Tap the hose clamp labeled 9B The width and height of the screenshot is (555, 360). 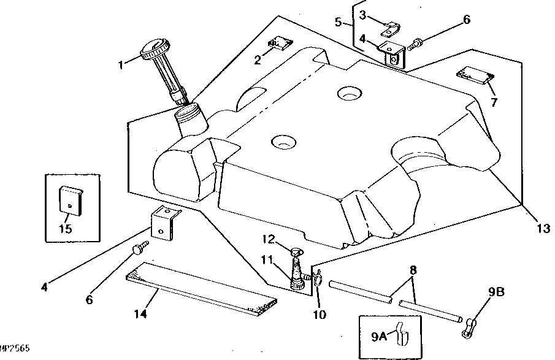pos(470,323)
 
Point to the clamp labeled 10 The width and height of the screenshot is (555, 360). pos(318,280)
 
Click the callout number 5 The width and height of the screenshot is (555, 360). pos(338,23)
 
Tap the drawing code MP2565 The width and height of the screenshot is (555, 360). pos(15,348)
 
